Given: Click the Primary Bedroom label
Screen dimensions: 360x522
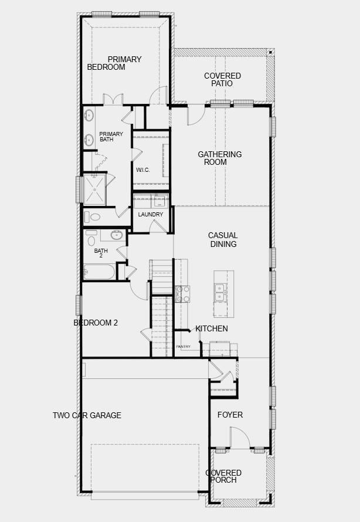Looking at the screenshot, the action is point(114,63).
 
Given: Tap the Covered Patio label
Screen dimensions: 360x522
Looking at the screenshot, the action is point(222,80).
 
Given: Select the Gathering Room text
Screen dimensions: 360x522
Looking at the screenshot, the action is point(220,158).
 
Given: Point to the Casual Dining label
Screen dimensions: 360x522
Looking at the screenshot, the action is point(223,240).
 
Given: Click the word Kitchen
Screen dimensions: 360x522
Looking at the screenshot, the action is point(212,328).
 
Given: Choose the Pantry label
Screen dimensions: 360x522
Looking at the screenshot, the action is point(184,347).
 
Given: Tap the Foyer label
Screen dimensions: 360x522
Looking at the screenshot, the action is point(230,415).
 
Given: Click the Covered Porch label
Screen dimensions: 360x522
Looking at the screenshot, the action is point(223,476).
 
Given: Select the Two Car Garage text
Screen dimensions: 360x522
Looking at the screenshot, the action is point(87,415).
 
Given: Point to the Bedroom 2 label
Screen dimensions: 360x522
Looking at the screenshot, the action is point(96,323).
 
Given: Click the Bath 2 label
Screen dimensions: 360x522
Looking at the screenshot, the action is point(101,253).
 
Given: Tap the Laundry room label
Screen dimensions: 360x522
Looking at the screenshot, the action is point(150,215).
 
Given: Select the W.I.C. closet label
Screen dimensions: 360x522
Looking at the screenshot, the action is point(142,170).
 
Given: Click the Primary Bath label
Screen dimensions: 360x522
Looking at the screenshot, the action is point(111,137).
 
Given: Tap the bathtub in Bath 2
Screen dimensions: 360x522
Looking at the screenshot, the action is point(99,272).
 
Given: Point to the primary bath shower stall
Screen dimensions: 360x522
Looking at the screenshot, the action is point(94,189).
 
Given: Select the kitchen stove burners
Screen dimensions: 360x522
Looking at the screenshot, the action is point(182,294).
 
